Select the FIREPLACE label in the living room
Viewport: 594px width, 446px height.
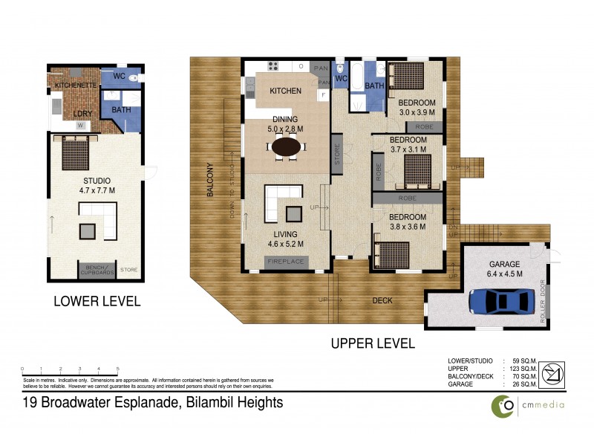click(x=284, y=261)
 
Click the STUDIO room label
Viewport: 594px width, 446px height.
click(x=97, y=181)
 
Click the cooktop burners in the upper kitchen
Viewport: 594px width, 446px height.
click(x=272, y=66)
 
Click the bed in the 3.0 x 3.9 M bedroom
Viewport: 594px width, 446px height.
click(x=406, y=75)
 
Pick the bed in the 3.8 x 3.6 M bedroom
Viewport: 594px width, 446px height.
click(x=391, y=252)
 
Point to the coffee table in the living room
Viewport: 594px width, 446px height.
click(x=293, y=214)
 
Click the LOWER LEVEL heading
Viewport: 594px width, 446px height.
click(x=97, y=301)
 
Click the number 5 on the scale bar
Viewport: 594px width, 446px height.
click(x=117, y=369)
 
